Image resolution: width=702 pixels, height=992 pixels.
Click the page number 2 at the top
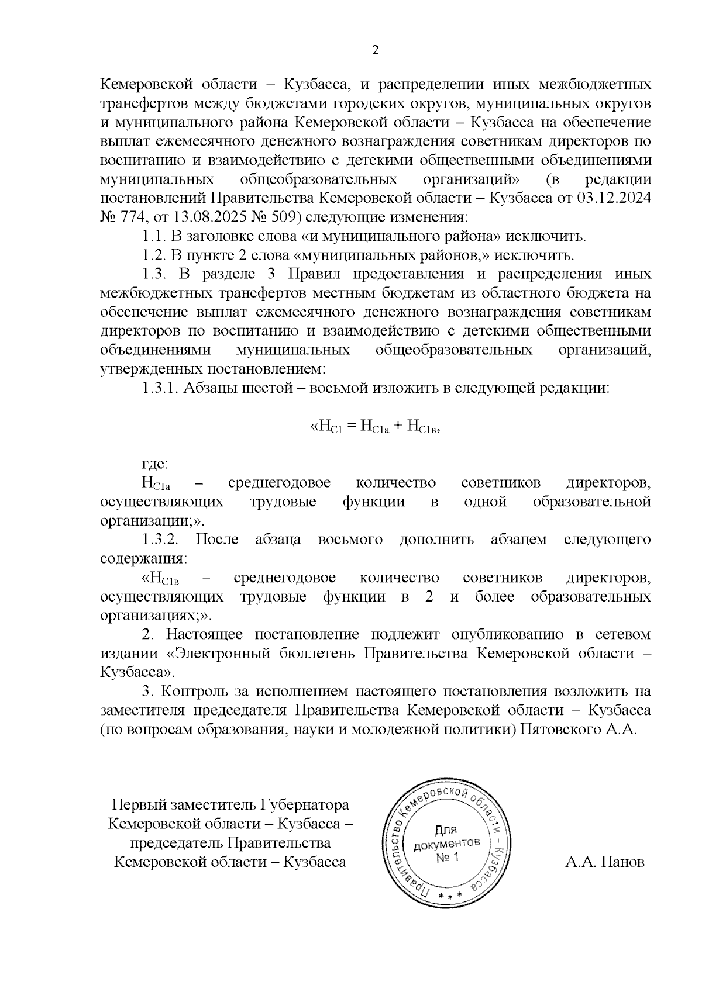[x=376, y=50]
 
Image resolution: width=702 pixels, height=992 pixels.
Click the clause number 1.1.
[x=154, y=237]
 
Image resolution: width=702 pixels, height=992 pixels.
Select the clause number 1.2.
[x=154, y=255]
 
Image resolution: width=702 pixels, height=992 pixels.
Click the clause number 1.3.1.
[x=160, y=389]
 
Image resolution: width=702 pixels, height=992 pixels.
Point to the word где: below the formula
[x=155, y=465]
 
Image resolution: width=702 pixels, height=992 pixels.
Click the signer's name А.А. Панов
[x=605, y=862]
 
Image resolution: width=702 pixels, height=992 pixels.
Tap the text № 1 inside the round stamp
[x=449, y=857]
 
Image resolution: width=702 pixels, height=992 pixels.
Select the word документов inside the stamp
[x=448, y=844]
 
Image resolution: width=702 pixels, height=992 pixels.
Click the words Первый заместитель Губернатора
[x=230, y=805]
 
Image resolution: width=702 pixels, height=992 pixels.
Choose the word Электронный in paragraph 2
[x=217, y=654]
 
